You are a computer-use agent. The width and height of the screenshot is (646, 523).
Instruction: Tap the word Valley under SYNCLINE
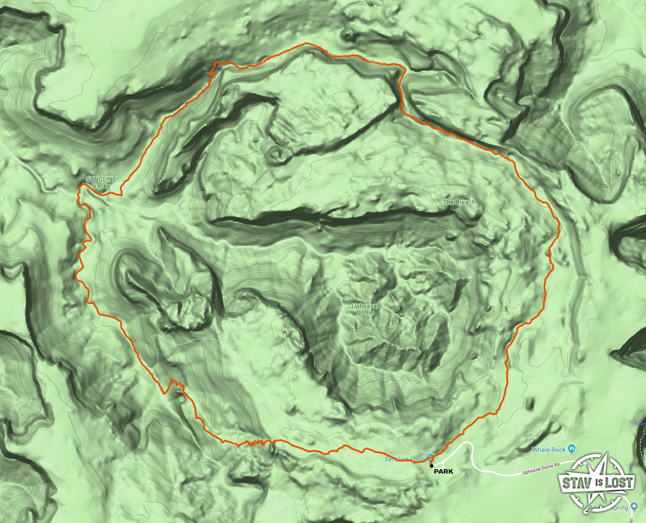(x=101, y=186)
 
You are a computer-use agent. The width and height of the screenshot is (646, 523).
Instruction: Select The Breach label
(x=459, y=202)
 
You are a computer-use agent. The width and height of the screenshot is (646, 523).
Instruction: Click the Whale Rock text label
(x=548, y=449)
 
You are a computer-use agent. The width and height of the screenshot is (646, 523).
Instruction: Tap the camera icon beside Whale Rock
(x=572, y=448)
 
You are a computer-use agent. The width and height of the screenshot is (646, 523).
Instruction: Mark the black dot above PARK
(x=432, y=465)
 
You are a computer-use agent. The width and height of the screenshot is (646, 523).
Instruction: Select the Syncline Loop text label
(x=404, y=459)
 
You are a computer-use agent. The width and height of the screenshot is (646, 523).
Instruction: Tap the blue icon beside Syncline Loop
(x=431, y=457)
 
